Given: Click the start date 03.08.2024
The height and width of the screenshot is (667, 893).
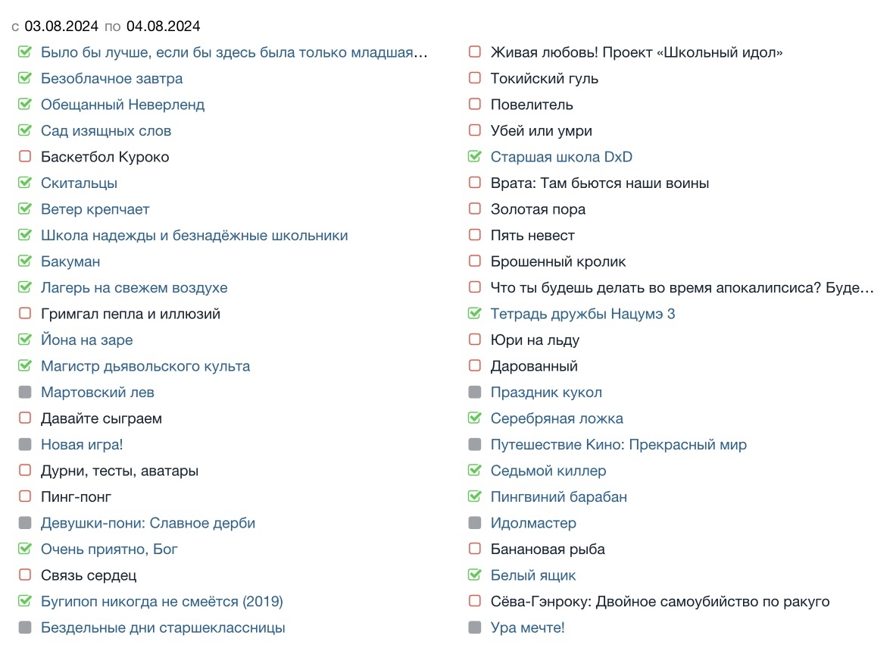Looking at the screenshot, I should (x=61, y=27).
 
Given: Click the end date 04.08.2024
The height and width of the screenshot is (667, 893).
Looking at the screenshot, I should (x=163, y=27).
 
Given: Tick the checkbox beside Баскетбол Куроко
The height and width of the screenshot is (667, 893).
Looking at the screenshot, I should (x=25, y=157).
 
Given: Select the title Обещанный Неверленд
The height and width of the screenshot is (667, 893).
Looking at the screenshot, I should (x=123, y=105).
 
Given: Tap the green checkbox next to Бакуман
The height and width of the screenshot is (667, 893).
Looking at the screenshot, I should (x=25, y=261).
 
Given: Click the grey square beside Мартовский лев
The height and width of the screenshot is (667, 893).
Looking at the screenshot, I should (x=25, y=393).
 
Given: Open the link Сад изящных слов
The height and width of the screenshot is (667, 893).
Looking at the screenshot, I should (x=106, y=131).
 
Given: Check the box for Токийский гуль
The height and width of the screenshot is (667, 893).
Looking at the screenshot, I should (x=475, y=79).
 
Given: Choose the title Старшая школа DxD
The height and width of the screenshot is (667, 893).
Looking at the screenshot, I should (x=561, y=157).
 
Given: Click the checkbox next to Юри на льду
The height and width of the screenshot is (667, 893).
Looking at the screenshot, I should (x=475, y=340).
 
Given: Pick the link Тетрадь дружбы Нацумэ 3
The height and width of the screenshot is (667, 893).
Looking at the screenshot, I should (x=582, y=314).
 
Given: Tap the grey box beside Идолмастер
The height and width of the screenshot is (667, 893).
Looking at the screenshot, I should (x=475, y=523).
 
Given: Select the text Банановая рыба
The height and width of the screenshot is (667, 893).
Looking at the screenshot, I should (x=548, y=550).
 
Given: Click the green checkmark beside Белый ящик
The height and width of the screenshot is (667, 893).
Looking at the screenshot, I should (x=475, y=575).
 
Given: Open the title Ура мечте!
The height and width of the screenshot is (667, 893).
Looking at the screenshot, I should (x=527, y=628).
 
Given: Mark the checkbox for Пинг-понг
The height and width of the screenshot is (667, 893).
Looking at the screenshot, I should (x=25, y=497).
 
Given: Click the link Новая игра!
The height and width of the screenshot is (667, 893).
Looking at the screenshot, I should (x=82, y=445).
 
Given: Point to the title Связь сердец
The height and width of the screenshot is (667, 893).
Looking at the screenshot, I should (x=89, y=575).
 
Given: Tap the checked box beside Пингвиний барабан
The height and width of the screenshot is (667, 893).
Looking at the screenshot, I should (x=475, y=497).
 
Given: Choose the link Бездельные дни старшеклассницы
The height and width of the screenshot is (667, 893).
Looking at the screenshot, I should (x=163, y=628).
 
